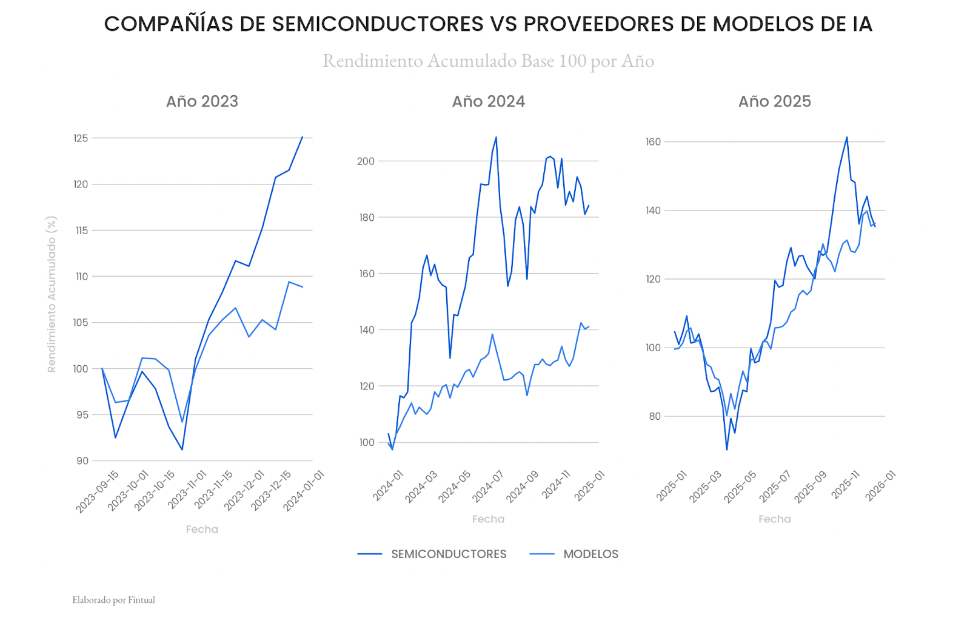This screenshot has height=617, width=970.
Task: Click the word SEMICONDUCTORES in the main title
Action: click(x=377, y=24)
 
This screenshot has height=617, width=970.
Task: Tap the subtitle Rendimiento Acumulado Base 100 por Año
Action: click(x=488, y=61)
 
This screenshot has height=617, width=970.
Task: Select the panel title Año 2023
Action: click(x=202, y=101)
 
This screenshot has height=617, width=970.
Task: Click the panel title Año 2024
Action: click(x=488, y=101)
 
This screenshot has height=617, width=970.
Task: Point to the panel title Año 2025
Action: click(x=774, y=101)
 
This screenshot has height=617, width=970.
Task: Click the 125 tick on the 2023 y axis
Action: click(x=81, y=138)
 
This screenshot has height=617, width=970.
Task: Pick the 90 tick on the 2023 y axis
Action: click(x=82, y=461)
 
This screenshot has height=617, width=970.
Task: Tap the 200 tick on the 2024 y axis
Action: click(x=366, y=161)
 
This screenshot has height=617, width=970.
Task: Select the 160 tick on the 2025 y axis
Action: click(x=653, y=142)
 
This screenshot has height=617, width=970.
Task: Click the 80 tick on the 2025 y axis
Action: click(x=655, y=417)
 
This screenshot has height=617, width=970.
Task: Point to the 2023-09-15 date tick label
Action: click(x=97, y=491)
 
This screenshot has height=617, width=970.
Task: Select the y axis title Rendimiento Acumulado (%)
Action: click(x=52, y=294)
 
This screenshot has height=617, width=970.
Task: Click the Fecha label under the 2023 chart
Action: click(x=202, y=530)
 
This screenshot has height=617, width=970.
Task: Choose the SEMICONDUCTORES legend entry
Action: click(x=449, y=554)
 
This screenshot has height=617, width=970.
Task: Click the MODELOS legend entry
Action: click(x=590, y=554)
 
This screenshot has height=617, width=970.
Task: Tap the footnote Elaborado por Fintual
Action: click(x=114, y=600)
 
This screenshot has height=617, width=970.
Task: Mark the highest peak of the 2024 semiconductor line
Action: click(x=496, y=137)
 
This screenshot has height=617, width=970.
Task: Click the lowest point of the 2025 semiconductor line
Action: click(x=726, y=450)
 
